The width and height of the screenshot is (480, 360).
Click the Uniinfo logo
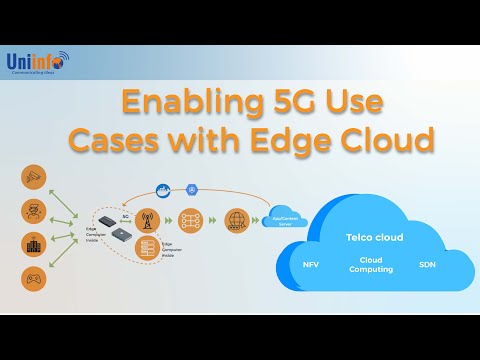click(36, 63)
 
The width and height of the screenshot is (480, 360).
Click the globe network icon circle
click(237, 221)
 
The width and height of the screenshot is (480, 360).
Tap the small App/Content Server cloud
click(283, 217)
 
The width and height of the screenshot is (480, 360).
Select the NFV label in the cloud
click(311, 266)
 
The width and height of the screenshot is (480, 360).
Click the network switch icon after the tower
click(190, 221)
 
